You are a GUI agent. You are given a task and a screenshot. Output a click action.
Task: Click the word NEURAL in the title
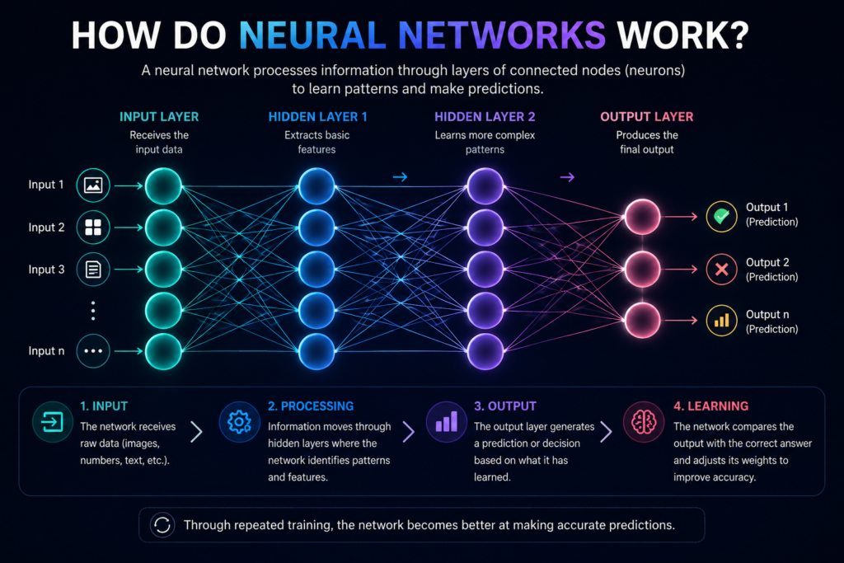pyautogui.click(x=312, y=35)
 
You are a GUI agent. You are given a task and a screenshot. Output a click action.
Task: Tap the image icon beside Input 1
pyautogui.click(x=93, y=185)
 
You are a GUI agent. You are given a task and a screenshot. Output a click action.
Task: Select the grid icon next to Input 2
pyautogui.click(x=93, y=228)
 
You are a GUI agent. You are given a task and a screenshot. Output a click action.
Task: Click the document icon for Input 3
pyautogui.click(x=93, y=269)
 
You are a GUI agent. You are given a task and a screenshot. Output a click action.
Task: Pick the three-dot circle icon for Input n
pyautogui.click(x=93, y=351)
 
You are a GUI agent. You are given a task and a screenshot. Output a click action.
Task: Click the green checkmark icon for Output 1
pyautogui.click(x=721, y=216)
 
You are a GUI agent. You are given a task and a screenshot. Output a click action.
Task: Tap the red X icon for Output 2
pyautogui.click(x=721, y=269)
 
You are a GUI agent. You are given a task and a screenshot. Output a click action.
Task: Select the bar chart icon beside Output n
pyautogui.click(x=721, y=321)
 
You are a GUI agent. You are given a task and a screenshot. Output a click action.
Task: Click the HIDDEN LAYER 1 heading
pyautogui.click(x=317, y=117)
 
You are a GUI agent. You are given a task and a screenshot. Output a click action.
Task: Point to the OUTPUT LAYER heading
pyautogui.click(x=646, y=117)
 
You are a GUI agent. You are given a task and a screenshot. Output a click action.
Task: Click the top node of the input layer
pyautogui.click(x=163, y=186)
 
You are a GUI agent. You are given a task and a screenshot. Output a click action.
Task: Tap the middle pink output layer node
pyautogui.click(x=642, y=269)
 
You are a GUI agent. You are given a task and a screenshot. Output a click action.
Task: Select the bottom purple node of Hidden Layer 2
pyautogui.click(x=485, y=351)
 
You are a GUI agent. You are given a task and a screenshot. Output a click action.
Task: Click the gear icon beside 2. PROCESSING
pyautogui.click(x=240, y=422)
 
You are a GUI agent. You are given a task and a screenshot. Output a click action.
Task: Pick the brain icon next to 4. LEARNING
pyautogui.click(x=644, y=422)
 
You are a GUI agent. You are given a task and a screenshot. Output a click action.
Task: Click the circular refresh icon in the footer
pyautogui.click(x=162, y=525)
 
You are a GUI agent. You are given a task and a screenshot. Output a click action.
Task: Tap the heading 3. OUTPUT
pyautogui.click(x=505, y=406)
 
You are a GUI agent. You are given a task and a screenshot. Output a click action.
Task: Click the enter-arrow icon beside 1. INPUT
pyautogui.click(x=52, y=422)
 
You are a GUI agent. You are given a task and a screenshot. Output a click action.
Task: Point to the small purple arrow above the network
pyautogui.click(x=567, y=177)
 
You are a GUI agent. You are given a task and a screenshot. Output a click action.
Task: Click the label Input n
pyautogui.click(x=46, y=351)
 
